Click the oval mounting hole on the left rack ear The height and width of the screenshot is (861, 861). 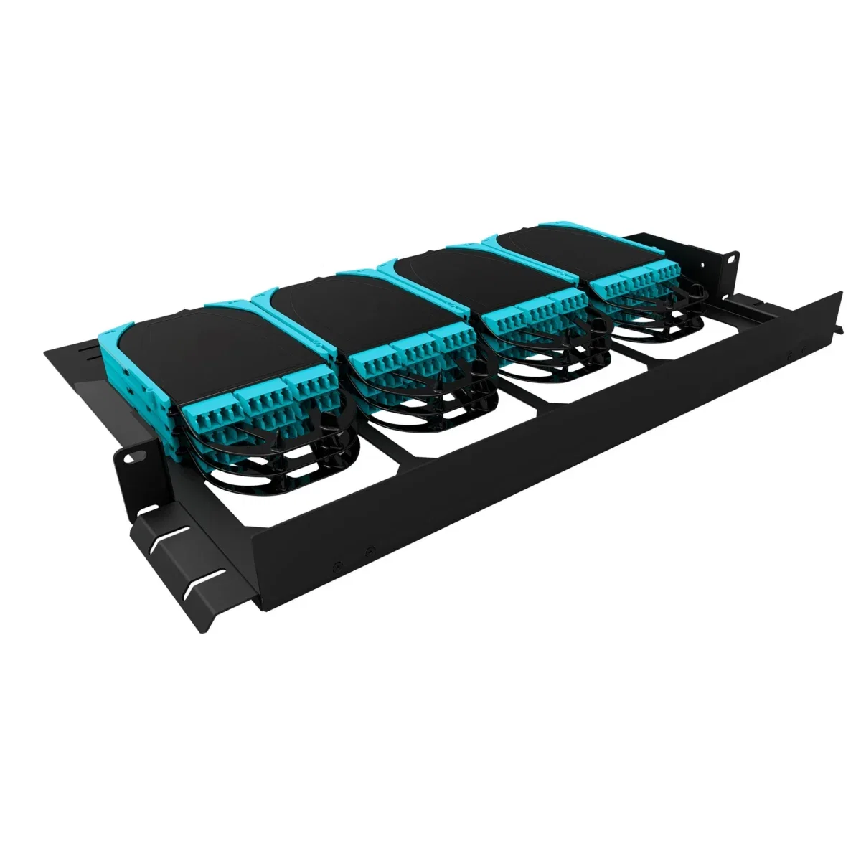coord(133,457)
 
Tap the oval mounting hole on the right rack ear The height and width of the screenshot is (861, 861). coord(732,258)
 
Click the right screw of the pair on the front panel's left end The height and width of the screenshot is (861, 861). coord(369,551)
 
